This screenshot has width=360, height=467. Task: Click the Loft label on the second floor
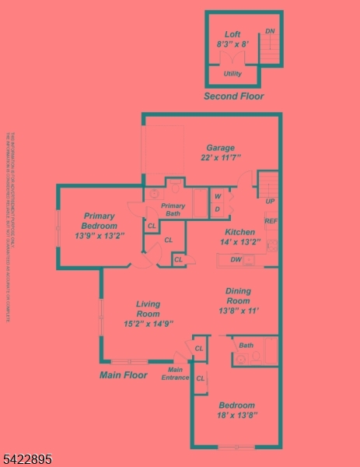click(x=232, y=34)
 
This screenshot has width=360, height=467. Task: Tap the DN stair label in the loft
click(x=270, y=31)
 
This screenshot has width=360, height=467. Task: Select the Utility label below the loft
click(x=232, y=74)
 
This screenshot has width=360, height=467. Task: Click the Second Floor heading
click(x=233, y=97)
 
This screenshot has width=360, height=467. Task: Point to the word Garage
click(x=220, y=148)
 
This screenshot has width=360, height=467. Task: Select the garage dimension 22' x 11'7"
click(x=220, y=158)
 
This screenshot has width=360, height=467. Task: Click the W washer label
click(x=218, y=196)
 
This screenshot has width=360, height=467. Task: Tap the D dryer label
click(x=218, y=209)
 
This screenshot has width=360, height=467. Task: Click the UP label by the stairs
click(x=270, y=202)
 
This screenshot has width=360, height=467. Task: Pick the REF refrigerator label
click(x=271, y=222)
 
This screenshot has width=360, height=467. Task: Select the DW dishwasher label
click(x=235, y=260)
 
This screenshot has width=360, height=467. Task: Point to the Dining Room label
click(x=238, y=296)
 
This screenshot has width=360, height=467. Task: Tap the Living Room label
click(x=148, y=309)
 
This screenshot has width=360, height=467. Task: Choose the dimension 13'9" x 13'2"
click(x=99, y=235)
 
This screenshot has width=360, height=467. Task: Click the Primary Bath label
click(x=173, y=209)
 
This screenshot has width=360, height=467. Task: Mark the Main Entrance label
click(x=176, y=374)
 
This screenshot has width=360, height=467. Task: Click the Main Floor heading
click(x=124, y=375)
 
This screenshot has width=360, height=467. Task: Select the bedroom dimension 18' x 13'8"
click(x=236, y=416)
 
